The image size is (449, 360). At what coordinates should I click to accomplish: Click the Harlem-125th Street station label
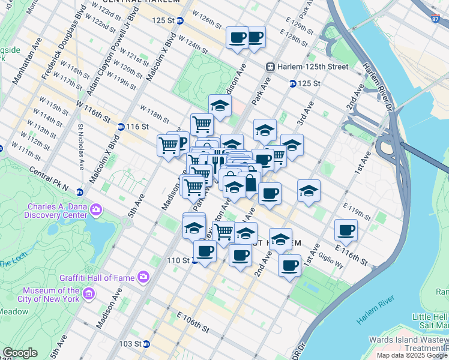[x=312, y=66]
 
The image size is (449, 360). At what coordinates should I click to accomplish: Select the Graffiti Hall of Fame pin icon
[x=143, y=277]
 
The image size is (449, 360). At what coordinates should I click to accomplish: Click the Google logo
[x=20, y=353]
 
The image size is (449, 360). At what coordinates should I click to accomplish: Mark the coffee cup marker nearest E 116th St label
[x=346, y=230]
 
